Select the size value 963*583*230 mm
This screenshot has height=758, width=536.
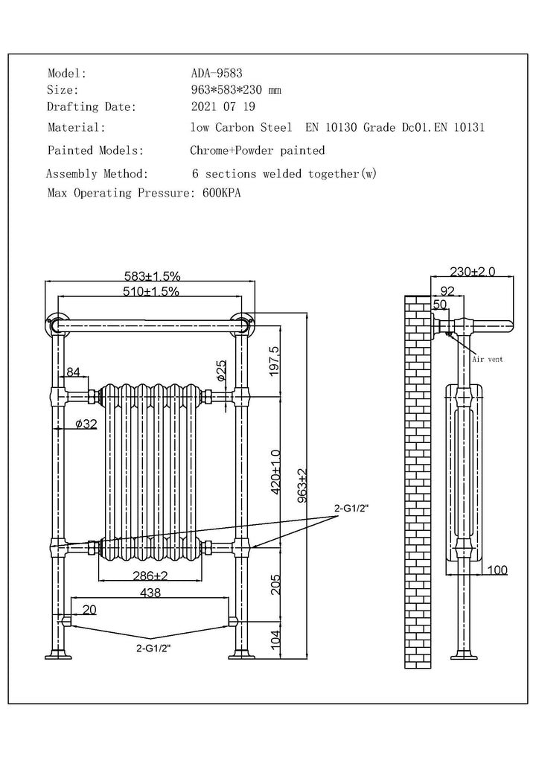pos(236,90)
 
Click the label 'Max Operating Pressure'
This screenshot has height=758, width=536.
pos(122,193)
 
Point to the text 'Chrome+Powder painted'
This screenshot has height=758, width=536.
pos(258,150)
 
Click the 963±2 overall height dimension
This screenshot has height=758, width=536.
pos(301,486)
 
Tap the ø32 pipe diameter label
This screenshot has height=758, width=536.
pos(86,424)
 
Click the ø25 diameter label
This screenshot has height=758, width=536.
pos(220,370)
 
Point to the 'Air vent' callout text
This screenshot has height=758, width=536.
pos(488,359)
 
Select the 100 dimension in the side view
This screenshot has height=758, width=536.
pos(497,570)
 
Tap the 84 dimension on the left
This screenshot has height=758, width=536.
pos(73,372)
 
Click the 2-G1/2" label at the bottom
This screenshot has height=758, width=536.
pos(153,648)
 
